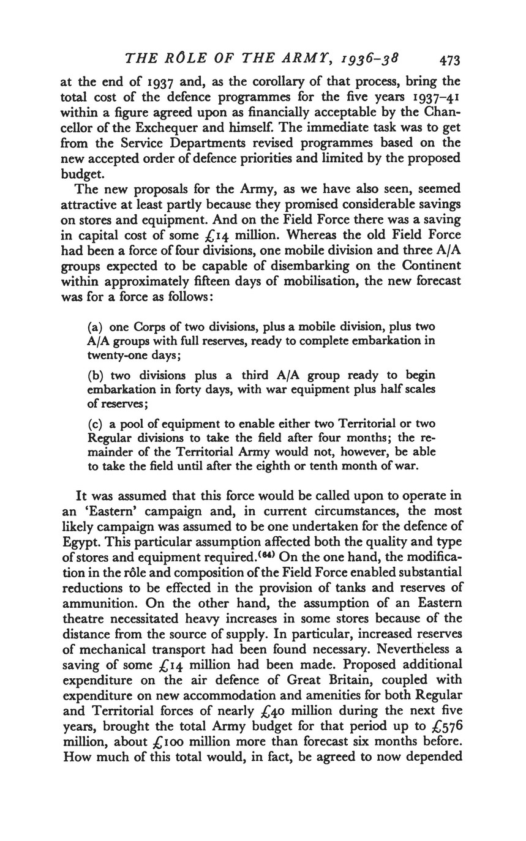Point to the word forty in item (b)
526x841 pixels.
pyautogui.click(x=208, y=389)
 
